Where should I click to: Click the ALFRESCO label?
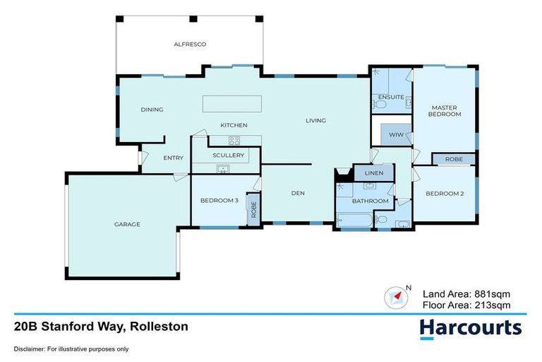(190, 44)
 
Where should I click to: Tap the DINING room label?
(152, 110)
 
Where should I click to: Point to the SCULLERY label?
(228, 155)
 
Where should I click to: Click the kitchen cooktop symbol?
(234, 140)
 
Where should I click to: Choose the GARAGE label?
(127, 224)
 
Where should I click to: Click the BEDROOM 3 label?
(219, 200)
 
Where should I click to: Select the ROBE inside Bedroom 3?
(254, 210)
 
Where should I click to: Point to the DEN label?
(297, 192)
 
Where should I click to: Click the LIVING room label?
(315, 120)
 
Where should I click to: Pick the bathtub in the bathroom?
(354, 221)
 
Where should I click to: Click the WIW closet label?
(390, 134)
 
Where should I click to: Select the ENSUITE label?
(391, 96)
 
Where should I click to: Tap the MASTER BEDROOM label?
(445, 111)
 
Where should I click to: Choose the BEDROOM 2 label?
(445, 194)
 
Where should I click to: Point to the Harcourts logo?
(470, 327)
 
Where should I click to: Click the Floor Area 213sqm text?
(465, 305)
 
